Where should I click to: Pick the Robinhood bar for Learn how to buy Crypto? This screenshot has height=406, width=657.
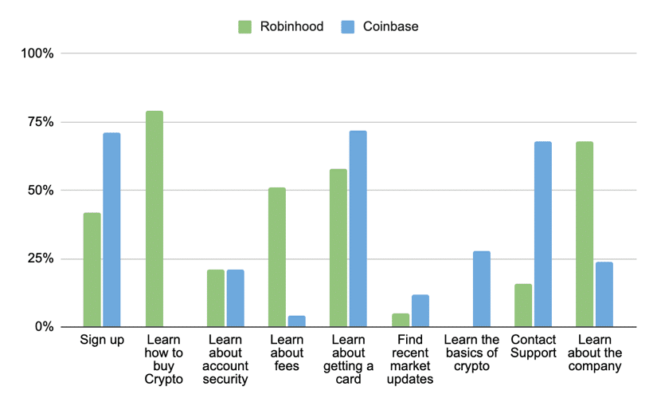click(x=154, y=219)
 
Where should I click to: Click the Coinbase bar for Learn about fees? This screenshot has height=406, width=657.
click(x=296, y=321)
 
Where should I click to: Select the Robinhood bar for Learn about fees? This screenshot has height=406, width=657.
click(x=277, y=257)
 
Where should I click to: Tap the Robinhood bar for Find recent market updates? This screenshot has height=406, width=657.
click(x=401, y=320)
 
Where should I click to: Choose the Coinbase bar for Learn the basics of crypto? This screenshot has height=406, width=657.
click(x=481, y=289)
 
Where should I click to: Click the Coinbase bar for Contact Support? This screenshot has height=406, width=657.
click(x=543, y=234)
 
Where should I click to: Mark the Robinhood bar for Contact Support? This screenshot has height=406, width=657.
click(x=523, y=305)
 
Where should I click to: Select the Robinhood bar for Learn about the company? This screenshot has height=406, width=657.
click(x=585, y=234)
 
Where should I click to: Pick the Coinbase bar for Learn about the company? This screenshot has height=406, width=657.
click(x=604, y=294)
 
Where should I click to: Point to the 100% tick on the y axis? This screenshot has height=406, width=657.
click(x=37, y=53)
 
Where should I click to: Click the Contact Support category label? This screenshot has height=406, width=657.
click(x=534, y=347)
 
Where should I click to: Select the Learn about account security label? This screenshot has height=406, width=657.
click(x=226, y=360)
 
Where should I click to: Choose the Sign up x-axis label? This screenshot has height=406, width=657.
click(x=102, y=341)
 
